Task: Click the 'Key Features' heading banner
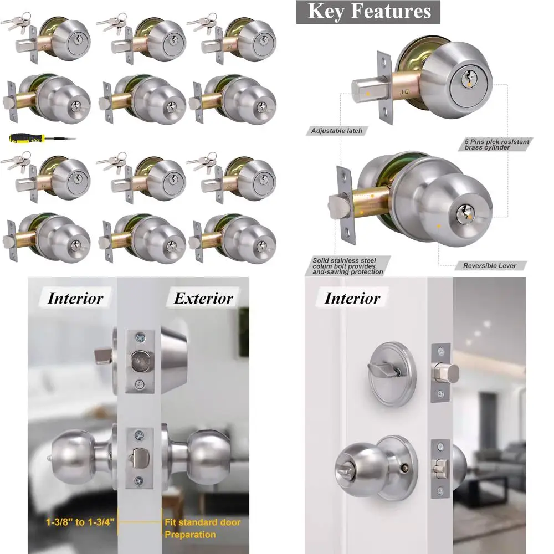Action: click(x=368, y=12)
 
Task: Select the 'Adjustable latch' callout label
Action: click(x=336, y=131)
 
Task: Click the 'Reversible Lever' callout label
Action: click(x=489, y=266)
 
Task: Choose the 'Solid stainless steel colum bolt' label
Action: click(x=347, y=266)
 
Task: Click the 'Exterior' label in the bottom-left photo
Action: click(x=203, y=299)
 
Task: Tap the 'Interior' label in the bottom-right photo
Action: click(x=352, y=299)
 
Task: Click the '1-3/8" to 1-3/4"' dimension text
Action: click(x=81, y=522)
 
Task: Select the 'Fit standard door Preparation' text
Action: click(x=202, y=528)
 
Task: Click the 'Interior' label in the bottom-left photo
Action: click(x=75, y=299)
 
